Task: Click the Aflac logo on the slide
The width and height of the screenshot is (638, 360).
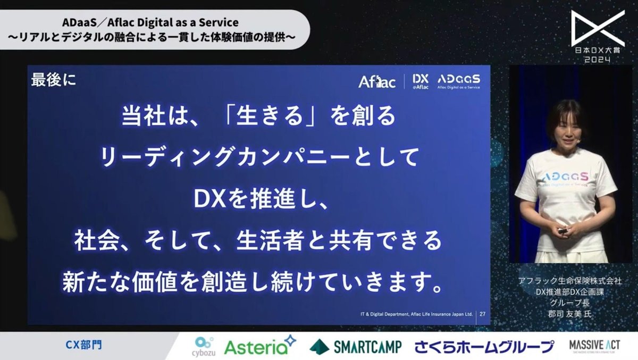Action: point(377,82)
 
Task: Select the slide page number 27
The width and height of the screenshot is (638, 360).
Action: point(482,314)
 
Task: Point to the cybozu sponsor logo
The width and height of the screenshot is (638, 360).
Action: point(204,346)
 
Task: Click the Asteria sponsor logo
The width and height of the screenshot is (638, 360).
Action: point(260,346)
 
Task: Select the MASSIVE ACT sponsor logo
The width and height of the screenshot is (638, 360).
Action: point(591,346)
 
